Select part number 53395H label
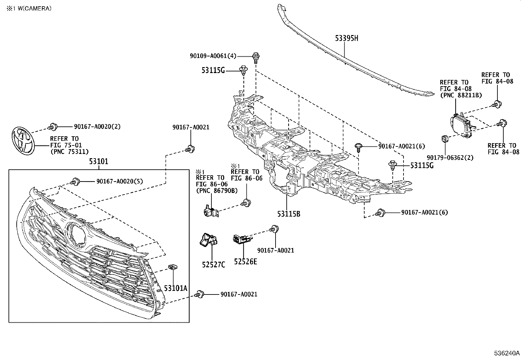coord(346,38)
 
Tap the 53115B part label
coord(289,214)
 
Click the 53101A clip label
coord(175,288)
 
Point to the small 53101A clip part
coord(172,267)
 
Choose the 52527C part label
coord(213,264)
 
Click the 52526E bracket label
coord(245,261)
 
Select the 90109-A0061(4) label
coord(213,56)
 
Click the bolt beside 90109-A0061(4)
coord(256,58)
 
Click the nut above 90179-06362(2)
coord(445,139)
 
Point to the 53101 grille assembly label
coord(99,161)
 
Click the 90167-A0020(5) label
coord(119,181)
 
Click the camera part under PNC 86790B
coord(210,211)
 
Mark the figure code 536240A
coord(507,353)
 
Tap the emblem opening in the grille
coord(76,233)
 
